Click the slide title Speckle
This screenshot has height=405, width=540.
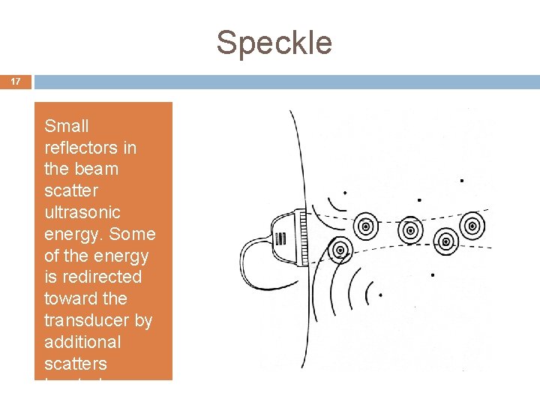coord(274,43)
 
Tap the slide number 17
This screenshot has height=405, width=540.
coord(16,81)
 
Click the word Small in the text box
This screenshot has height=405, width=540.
coord(67,126)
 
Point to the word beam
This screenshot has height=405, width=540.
coord(95,169)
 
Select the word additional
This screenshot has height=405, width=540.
coord(82,342)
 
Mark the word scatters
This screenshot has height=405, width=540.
coord(76,364)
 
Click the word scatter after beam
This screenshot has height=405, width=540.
coord(70,190)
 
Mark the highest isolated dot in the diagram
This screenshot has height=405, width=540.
coord(461,181)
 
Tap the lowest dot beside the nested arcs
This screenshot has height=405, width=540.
coord(380,295)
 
